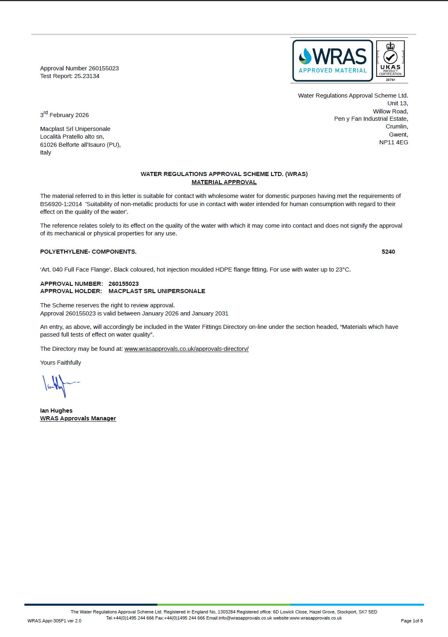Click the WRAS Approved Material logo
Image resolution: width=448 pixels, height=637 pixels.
point(333,61)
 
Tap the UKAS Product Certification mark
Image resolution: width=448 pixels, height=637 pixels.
point(390,59)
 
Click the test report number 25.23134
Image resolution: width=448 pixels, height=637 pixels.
point(87,76)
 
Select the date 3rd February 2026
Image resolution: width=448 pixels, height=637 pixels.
point(64,115)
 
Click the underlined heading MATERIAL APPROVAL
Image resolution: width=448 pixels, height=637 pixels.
point(224,182)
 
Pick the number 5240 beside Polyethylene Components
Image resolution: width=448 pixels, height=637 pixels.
point(388,252)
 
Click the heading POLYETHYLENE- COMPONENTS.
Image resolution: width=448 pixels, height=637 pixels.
point(88,252)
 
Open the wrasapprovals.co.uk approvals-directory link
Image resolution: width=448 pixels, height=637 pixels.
point(186,349)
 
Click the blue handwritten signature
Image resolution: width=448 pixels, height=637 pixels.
point(59,385)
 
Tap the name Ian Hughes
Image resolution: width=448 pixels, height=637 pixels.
point(56,411)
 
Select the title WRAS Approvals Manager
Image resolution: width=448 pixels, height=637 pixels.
point(78,418)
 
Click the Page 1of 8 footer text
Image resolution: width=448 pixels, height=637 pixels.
point(411,621)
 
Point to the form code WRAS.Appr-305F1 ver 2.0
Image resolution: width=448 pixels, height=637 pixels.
point(54,621)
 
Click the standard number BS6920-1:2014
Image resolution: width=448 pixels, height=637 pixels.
point(61,204)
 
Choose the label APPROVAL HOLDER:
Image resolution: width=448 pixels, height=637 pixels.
point(71,291)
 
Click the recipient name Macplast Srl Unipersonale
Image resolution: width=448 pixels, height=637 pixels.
point(75,129)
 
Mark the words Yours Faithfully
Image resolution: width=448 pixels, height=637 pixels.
point(61,363)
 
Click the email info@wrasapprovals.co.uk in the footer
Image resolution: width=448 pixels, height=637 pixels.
point(245,618)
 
